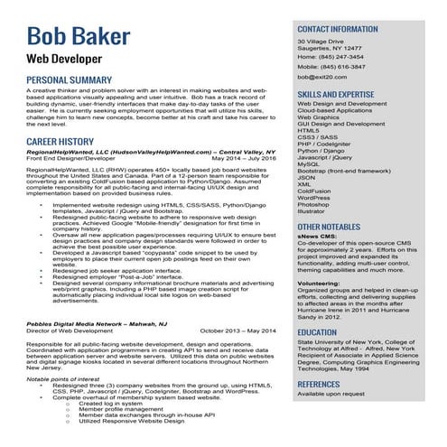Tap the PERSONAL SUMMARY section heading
coord(69,80)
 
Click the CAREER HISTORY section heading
coord(60,143)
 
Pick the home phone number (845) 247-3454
coord(342,57)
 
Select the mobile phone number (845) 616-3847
coord(344,67)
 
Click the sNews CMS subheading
coord(317,238)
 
